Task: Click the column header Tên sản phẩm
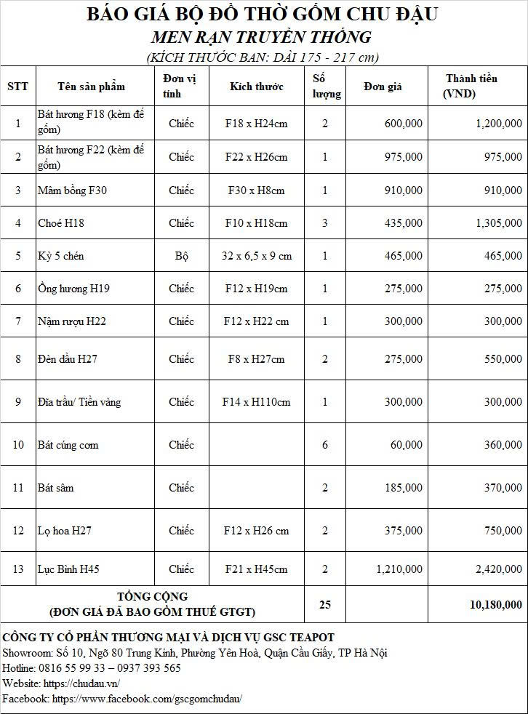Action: click(x=91, y=87)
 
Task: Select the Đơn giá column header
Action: click(x=383, y=87)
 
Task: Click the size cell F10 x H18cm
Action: click(x=256, y=223)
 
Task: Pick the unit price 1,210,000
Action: click(x=399, y=569)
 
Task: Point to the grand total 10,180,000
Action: click(x=495, y=604)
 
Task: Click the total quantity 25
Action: click(x=324, y=604)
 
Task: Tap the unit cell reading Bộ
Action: click(x=181, y=256)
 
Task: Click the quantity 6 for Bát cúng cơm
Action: click(x=325, y=445)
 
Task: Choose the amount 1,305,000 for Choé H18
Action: click(x=498, y=223)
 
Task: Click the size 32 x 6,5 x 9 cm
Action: click(x=256, y=256)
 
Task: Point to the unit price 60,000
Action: click(x=406, y=445)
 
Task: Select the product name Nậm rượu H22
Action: click(x=72, y=321)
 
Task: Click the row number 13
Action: click(x=18, y=569)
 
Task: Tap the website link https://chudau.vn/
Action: click(x=81, y=683)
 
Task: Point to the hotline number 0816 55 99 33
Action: click(x=73, y=668)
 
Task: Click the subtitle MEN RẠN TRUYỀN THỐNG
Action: click(x=262, y=37)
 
